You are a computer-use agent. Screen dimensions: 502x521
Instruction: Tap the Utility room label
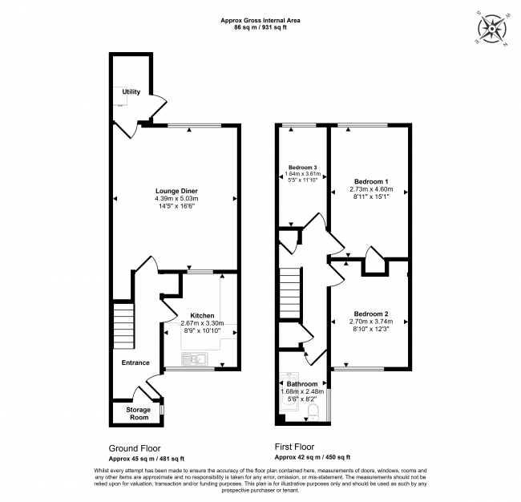tap(131, 92)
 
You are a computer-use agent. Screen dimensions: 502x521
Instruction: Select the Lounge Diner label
tap(176, 190)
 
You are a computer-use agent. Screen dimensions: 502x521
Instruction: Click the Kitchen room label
tap(202, 315)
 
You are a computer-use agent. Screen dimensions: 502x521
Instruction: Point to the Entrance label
tap(135, 362)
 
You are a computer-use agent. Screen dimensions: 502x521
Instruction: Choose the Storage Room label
tap(139, 413)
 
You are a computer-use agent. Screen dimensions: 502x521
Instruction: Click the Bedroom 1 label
tap(371, 181)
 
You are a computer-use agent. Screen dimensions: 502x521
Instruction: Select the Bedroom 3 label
tap(303, 166)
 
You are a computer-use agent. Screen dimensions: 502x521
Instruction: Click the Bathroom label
tap(302, 384)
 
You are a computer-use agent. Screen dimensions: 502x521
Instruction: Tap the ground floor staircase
tap(122, 324)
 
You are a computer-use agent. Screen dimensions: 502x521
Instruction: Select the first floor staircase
tap(289, 293)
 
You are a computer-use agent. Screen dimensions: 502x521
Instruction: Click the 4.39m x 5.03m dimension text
tap(176, 199)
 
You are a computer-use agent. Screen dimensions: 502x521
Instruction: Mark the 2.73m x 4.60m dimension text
tap(371, 190)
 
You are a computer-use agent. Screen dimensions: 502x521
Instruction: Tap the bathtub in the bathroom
tap(285, 399)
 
